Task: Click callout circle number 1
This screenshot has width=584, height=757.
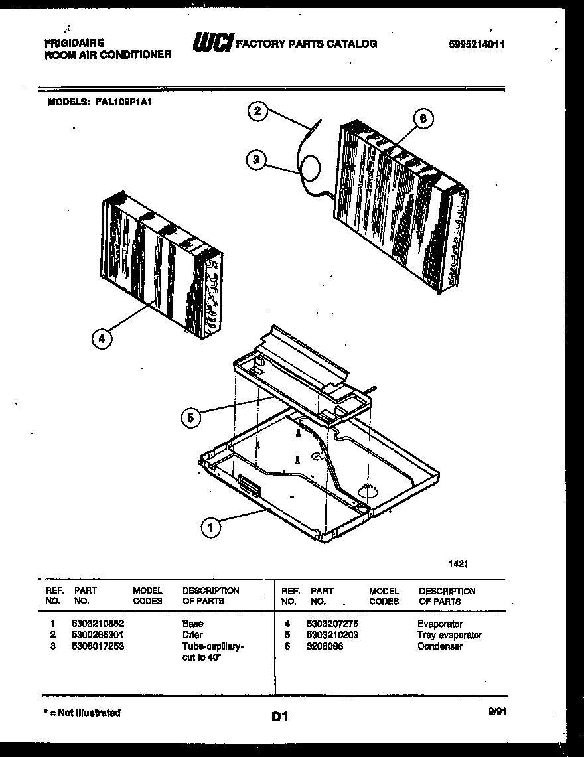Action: coord(210,527)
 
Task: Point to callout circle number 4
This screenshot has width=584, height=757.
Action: coord(101,339)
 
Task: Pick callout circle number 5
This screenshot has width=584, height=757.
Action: coord(190,417)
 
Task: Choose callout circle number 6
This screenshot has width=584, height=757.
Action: coord(423,119)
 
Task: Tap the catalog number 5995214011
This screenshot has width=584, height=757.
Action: coord(476,45)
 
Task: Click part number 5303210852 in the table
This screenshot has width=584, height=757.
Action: coord(98,624)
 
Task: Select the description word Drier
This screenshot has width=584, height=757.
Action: coord(192,635)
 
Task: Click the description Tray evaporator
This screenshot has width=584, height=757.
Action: coord(449,635)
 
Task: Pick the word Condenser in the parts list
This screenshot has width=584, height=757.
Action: coord(440,646)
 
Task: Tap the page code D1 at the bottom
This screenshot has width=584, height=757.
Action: coord(279,717)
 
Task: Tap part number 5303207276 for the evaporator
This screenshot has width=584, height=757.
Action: coord(333,624)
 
